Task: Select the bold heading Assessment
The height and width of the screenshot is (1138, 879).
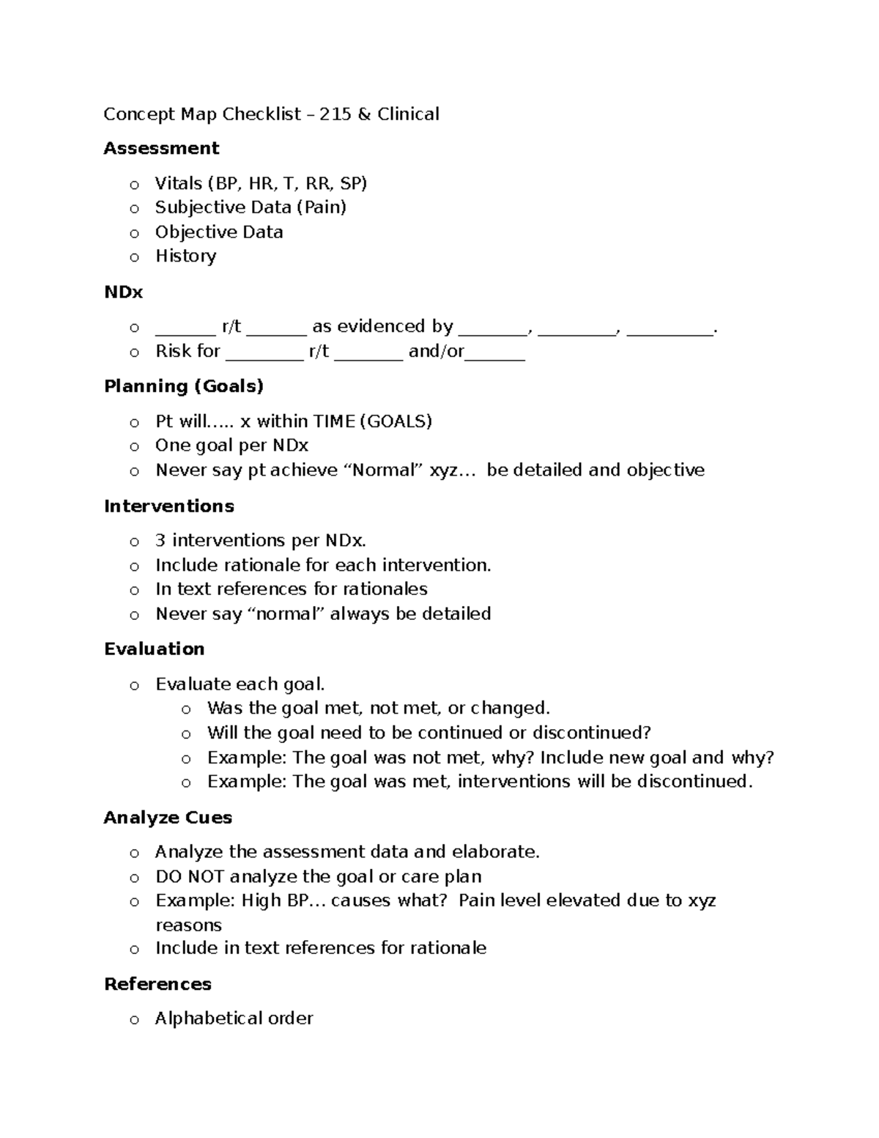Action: [x=161, y=149]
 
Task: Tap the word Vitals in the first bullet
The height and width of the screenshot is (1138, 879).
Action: [x=178, y=183]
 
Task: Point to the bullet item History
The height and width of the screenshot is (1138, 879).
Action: [x=185, y=256]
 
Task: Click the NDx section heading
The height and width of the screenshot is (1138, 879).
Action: [x=123, y=292]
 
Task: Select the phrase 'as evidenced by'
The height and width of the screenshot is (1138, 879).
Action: [x=382, y=327]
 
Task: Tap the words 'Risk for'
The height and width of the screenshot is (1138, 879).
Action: [x=188, y=352]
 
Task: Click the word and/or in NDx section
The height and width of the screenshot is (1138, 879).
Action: [x=436, y=352]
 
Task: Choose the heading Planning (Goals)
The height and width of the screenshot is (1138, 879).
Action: [x=184, y=386]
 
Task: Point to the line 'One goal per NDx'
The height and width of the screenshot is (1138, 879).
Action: [x=231, y=446]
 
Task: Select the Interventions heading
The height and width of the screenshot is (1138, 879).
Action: [x=169, y=506]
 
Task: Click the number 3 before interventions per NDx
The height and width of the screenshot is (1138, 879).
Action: [x=160, y=541]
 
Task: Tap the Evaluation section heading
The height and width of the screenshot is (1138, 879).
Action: [x=154, y=649]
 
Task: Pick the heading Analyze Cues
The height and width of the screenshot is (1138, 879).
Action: [x=168, y=818]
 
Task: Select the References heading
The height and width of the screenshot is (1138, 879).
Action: [x=157, y=984]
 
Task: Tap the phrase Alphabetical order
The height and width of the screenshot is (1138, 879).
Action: [x=234, y=1019]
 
